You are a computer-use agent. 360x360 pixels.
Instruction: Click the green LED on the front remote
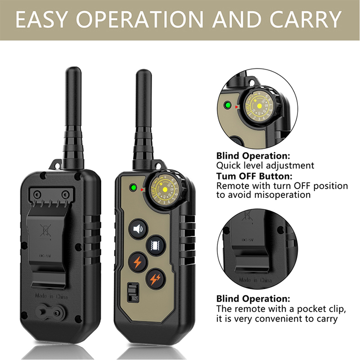point(133,189)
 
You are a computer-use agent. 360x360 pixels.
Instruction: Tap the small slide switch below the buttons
point(133,292)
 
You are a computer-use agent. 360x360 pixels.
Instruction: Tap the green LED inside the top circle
point(228,105)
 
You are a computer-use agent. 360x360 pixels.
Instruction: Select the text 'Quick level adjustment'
point(265,166)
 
